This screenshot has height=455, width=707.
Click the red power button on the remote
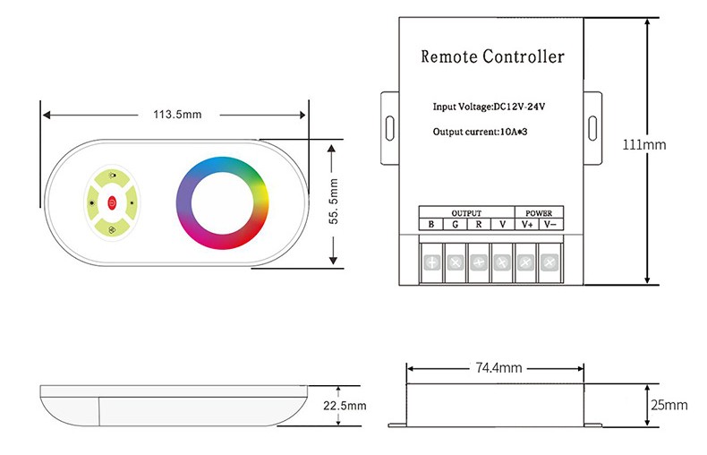tap(112, 202)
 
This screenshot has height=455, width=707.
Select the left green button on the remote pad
tap(92, 202)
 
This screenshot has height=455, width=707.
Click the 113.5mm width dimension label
tap(176, 115)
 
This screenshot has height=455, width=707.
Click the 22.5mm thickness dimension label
tap(345, 406)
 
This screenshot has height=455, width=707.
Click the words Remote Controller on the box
tap(492, 57)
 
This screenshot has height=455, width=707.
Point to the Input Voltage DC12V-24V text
tap(490, 107)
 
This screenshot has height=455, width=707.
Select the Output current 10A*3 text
tap(484, 133)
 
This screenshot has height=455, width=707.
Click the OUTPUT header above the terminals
tap(466, 213)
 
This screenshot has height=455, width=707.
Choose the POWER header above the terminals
tap(539, 213)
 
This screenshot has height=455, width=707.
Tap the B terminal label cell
tap(431, 225)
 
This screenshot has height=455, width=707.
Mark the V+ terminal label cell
tap(527, 225)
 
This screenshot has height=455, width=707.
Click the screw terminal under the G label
tap(456, 262)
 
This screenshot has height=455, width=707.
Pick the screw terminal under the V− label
tap(549, 262)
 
